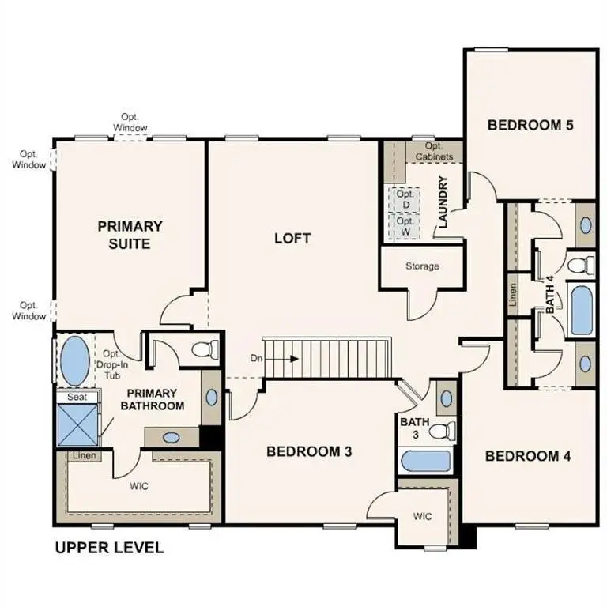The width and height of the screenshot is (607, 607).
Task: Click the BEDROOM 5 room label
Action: click(529, 124)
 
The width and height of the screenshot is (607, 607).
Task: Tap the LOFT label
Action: click(292, 238)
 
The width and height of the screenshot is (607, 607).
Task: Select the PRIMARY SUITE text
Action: click(130, 235)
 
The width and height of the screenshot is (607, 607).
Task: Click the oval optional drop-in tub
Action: click(75, 360)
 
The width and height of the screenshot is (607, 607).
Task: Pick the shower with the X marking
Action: click(77, 425)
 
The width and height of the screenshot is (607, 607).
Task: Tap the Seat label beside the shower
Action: click(77, 397)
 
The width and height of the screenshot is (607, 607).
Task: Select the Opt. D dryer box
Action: click(405, 199)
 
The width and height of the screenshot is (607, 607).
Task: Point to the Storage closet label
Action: click(422, 266)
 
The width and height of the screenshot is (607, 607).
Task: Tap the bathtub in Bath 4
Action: click(582, 311)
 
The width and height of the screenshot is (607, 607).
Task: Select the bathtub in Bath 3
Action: click(425, 462)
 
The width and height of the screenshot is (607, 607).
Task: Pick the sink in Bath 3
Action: click(445, 398)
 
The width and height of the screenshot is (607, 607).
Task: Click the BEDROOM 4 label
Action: click(527, 456)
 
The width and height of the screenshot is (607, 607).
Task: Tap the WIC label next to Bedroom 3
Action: click(423, 517)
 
